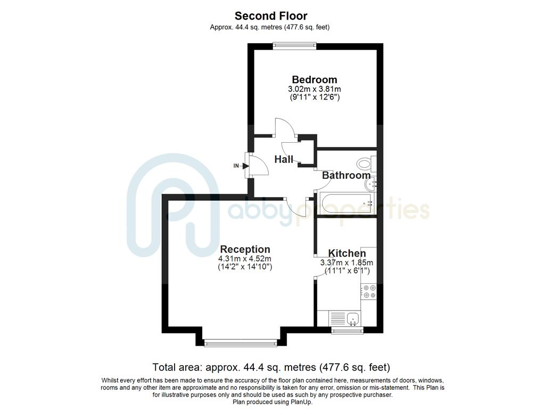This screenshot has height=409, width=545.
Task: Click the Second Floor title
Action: click(x=272, y=16)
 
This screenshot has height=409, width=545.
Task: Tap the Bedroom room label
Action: click(x=314, y=79)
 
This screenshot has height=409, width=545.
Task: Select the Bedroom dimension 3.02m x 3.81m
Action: click(x=314, y=89)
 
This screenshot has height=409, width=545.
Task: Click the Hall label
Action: click(x=283, y=159)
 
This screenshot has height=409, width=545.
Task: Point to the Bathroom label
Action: click(x=346, y=175)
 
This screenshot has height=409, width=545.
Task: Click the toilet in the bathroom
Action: click(x=365, y=163)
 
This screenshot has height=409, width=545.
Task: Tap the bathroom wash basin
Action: click(x=371, y=184)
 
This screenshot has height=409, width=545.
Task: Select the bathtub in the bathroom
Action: click(x=346, y=204)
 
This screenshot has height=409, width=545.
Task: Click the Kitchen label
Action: click(x=346, y=253)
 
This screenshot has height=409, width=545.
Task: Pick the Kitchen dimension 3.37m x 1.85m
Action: click(x=346, y=263)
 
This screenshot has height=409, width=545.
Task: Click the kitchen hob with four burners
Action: click(x=369, y=291)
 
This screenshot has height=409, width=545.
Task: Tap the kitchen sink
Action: click(x=353, y=319)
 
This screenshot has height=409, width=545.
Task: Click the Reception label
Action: click(x=245, y=249)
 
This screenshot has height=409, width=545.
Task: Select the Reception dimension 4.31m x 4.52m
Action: click(x=245, y=259)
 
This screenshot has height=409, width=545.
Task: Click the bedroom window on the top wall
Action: click(x=294, y=46)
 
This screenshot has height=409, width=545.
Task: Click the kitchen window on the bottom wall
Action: click(x=347, y=331)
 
